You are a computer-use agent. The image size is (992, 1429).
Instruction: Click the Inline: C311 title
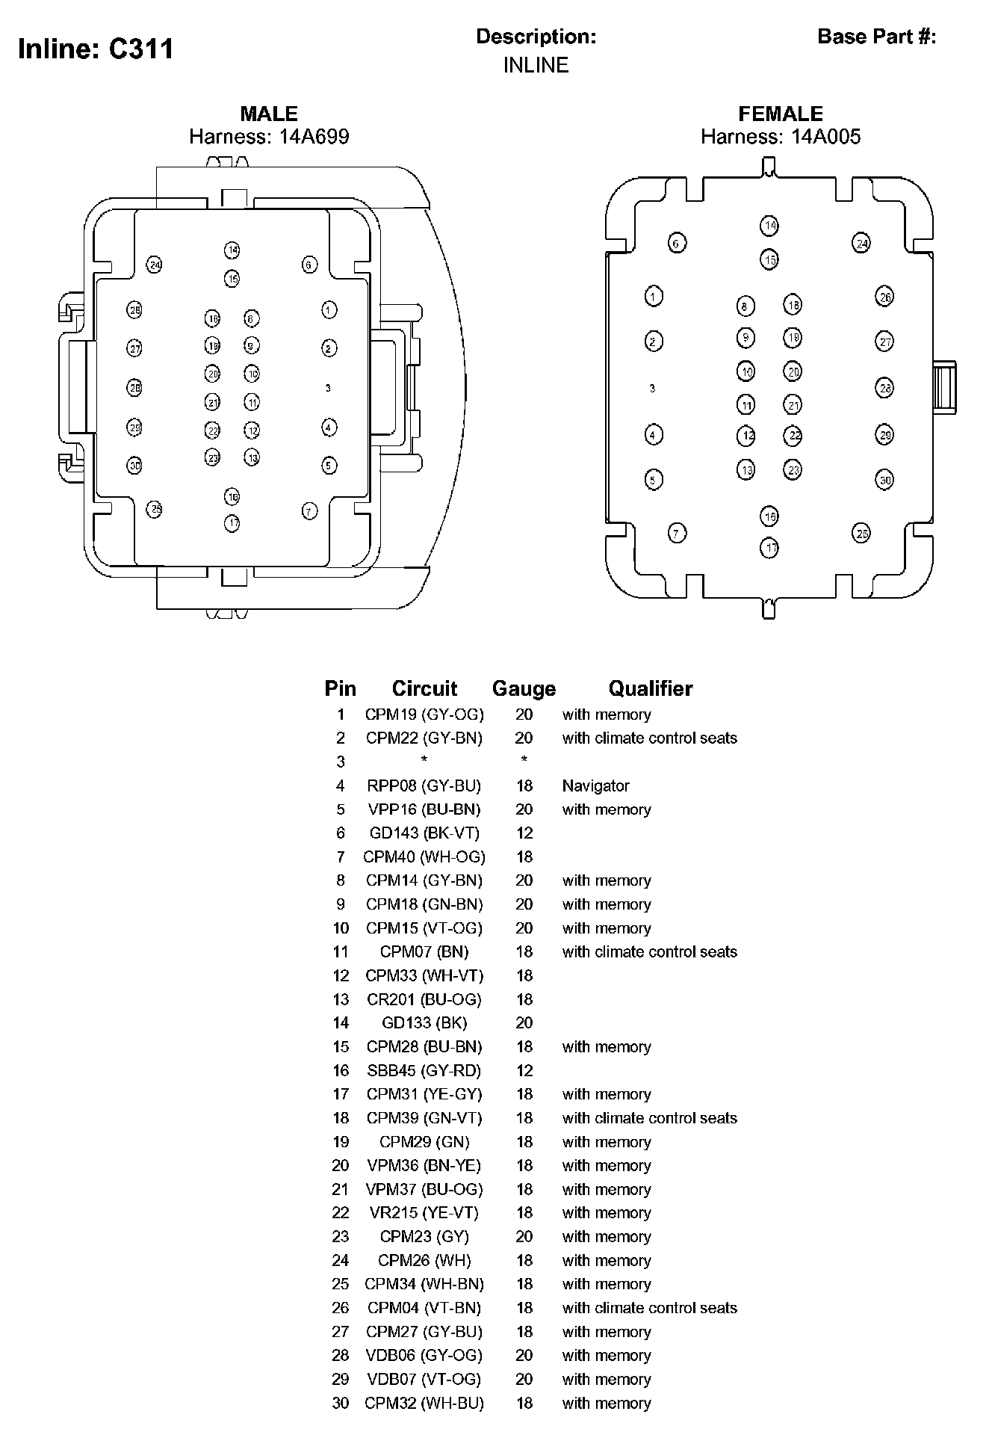click(x=96, y=49)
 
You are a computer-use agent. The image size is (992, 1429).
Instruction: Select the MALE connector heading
click(x=269, y=114)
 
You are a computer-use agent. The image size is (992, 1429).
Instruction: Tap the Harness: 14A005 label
click(x=780, y=137)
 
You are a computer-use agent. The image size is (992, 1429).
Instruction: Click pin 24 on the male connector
click(x=155, y=265)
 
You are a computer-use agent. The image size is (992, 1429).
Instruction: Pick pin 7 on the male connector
click(x=309, y=511)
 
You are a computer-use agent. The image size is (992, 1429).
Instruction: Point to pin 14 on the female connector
click(x=769, y=226)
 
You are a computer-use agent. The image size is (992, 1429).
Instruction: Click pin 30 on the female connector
click(x=884, y=480)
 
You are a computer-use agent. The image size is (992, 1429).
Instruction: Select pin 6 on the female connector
click(x=677, y=243)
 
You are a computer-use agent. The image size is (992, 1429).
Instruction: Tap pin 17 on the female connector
click(x=770, y=548)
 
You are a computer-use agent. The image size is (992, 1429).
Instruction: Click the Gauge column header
click(x=524, y=688)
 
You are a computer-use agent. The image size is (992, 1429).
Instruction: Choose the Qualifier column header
click(x=650, y=688)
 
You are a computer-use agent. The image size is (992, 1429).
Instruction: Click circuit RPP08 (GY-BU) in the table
click(x=424, y=786)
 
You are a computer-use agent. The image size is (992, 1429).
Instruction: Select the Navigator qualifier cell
click(x=595, y=786)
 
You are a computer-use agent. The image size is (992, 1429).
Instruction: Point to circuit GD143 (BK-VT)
click(x=424, y=833)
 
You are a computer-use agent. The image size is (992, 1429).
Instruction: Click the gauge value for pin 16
click(x=524, y=1070)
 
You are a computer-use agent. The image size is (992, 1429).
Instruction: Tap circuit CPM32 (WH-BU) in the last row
click(x=424, y=1403)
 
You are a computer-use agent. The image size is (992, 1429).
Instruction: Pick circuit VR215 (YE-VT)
click(x=424, y=1212)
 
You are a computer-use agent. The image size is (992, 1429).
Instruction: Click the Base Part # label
click(x=876, y=37)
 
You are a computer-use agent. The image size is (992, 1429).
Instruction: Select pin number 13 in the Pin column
click(x=341, y=999)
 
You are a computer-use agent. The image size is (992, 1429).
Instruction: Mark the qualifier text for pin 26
click(x=649, y=1308)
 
